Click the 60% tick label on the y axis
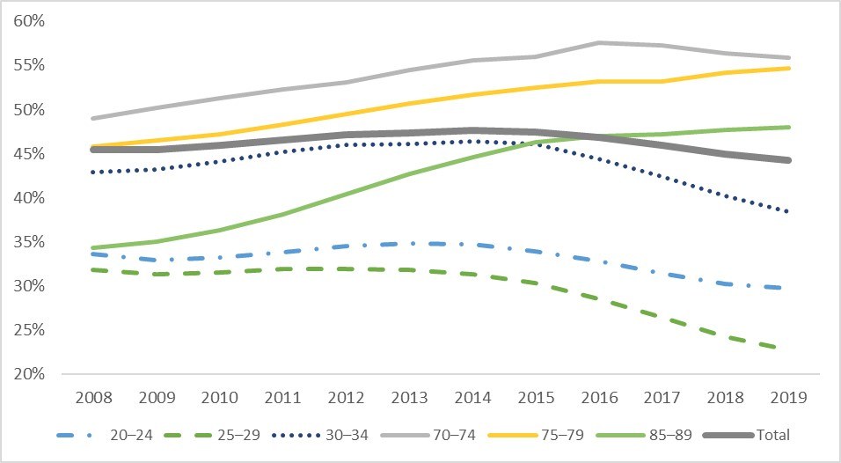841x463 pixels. [29, 21]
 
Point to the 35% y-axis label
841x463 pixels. [29, 241]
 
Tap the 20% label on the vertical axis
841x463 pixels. [29, 374]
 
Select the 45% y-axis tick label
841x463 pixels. [29, 153]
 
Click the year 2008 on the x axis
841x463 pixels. [94, 398]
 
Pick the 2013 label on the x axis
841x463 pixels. [409, 398]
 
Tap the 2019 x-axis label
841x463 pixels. [788, 398]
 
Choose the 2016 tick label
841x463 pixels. [599, 398]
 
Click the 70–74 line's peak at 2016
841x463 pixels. [599, 43]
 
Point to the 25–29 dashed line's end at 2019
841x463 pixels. [787, 349]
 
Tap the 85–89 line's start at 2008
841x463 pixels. [92, 248]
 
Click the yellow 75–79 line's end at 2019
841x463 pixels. [788, 68]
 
